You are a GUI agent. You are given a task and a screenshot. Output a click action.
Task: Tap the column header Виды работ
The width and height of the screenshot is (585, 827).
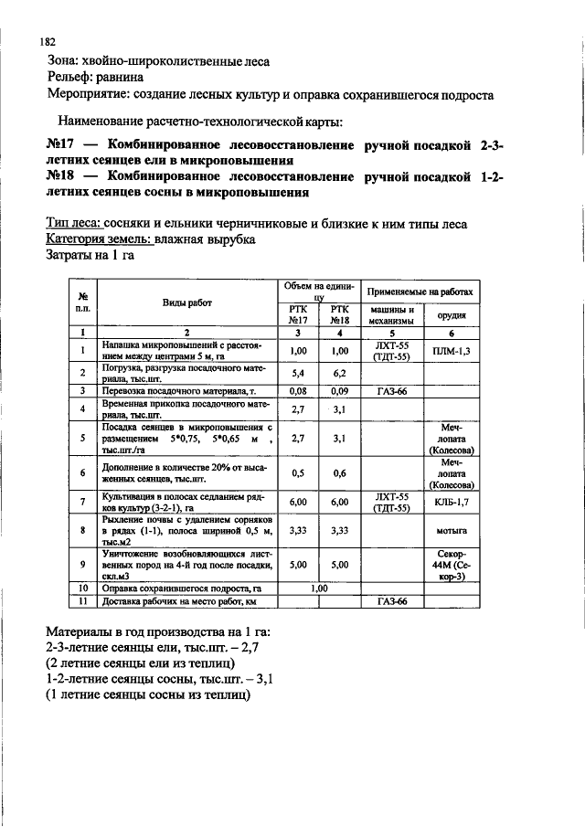185,302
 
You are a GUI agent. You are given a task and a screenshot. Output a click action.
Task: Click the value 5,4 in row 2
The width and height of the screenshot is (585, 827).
297,373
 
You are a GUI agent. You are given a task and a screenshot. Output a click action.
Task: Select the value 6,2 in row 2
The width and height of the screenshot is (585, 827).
341,373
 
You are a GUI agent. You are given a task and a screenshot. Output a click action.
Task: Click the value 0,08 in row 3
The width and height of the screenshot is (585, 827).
297,390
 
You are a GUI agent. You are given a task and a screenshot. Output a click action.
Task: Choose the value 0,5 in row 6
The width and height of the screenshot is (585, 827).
297,472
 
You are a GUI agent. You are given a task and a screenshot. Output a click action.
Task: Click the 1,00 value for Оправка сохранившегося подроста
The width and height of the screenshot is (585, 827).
319,588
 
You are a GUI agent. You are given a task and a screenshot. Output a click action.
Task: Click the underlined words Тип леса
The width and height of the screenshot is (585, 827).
73,224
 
